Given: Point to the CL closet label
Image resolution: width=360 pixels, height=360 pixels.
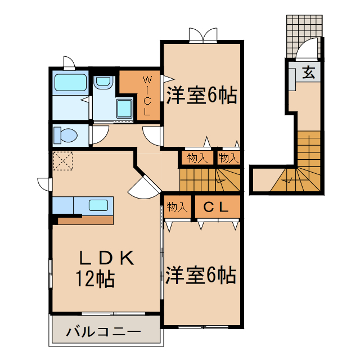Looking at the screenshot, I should pos(216,207).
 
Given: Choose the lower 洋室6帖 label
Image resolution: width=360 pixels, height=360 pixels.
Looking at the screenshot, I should pos(201,275).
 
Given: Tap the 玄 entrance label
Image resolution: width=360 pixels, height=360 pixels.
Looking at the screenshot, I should pos(309,71).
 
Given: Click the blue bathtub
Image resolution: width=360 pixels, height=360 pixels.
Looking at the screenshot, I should pos(70,84).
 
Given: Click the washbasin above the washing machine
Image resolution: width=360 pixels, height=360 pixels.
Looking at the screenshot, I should pos(103,82).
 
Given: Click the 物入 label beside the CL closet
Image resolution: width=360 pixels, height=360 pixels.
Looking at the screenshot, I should pos(176,207).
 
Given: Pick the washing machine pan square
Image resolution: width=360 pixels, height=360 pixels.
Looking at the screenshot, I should pos(123,109).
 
